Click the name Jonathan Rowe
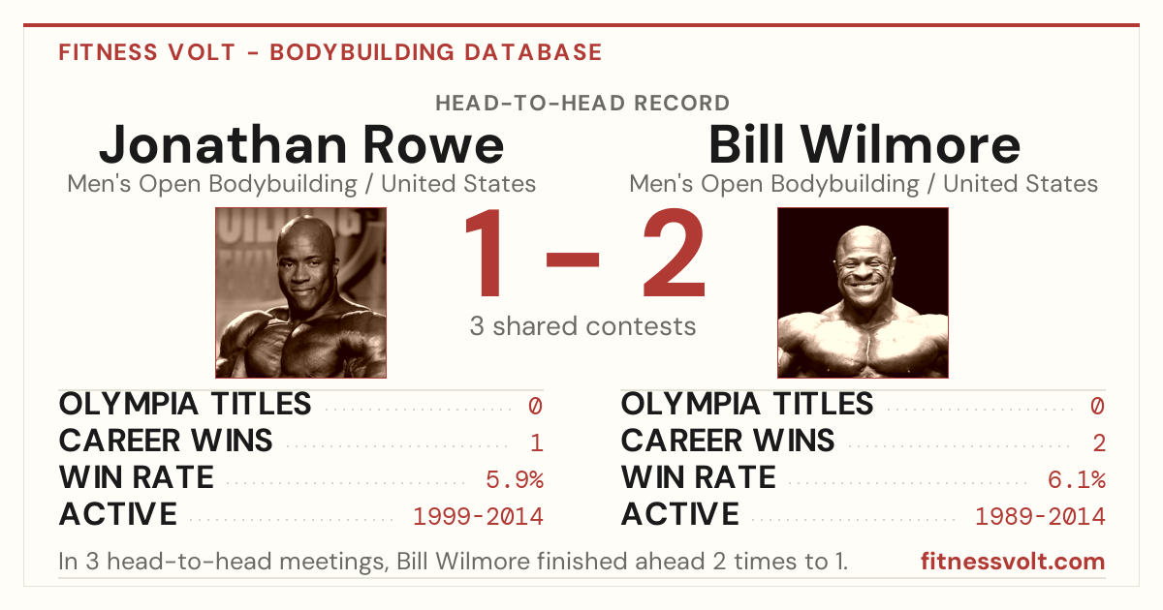click(301, 144)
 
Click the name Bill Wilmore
click(864, 144)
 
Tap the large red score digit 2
click(675, 252)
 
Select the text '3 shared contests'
click(582, 326)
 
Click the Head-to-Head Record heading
click(582, 104)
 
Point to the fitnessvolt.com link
click(1013, 562)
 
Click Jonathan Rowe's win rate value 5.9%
click(515, 480)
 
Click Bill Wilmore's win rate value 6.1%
click(1077, 480)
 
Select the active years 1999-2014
click(478, 517)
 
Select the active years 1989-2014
click(1041, 517)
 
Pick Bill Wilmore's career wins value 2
click(1099, 443)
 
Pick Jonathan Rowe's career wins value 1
click(537, 443)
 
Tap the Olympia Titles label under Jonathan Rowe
click(185, 404)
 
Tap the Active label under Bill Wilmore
click(680, 514)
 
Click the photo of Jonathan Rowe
click(301, 292)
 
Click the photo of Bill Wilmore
click(863, 292)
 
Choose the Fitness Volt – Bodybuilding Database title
click(330, 52)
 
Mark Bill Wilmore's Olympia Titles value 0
click(1097, 406)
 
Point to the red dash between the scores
click(573, 259)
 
